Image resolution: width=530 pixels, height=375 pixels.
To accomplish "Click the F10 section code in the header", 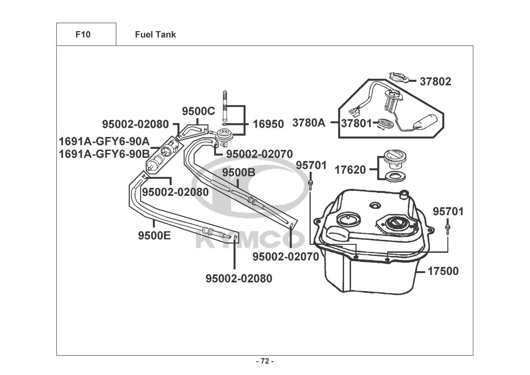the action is coord(83,34).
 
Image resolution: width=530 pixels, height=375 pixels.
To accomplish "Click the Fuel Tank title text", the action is coord(155,34).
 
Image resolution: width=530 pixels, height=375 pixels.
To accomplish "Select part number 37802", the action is coord(435,81).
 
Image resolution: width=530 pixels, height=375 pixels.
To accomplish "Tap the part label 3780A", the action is coord(309,123).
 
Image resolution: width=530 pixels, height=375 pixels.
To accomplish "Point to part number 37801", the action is coord(356,123).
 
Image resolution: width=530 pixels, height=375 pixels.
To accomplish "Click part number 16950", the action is coord(268,124).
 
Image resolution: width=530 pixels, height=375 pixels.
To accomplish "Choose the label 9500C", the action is coord(198,111).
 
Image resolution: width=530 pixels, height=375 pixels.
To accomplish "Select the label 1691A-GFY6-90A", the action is coord(104,142).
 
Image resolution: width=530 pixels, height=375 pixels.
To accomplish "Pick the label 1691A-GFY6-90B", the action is coord(104,154).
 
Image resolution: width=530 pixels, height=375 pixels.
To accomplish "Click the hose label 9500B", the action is coord(239,173).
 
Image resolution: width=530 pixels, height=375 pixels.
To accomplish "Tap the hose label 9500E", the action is coord(154,235).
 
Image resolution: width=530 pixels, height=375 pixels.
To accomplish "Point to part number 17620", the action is coord(350,170).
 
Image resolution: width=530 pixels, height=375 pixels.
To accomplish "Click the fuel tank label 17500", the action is coord(443,271).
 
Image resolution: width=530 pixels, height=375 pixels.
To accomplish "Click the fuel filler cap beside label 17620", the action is coord(394,159).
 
